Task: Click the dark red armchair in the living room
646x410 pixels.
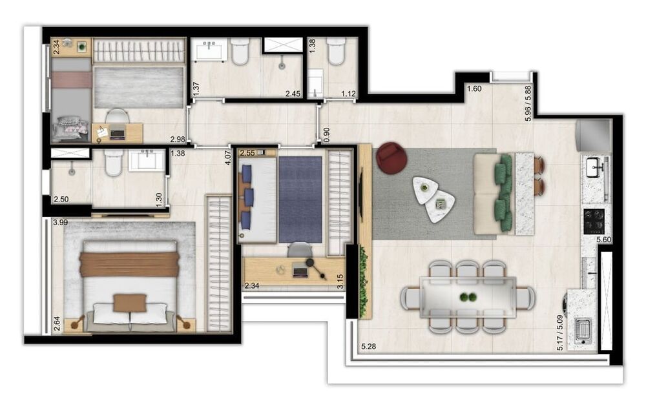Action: pyautogui.click(x=391, y=158)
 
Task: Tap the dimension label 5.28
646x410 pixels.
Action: pyautogui.click(x=369, y=347)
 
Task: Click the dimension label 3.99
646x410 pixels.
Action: pyautogui.click(x=60, y=223)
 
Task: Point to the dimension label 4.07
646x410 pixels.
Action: pyautogui.click(x=227, y=159)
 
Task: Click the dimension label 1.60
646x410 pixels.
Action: pyautogui.click(x=475, y=89)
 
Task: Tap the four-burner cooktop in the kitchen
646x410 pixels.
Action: pyautogui.click(x=594, y=221)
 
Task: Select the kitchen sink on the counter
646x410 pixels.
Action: pyautogui.click(x=595, y=169)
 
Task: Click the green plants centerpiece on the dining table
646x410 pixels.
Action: pyautogui.click(x=468, y=298)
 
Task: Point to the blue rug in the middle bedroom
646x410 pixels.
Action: pyautogui.click(x=300, y=200)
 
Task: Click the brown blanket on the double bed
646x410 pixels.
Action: pyautogui.click(x=129, y=264)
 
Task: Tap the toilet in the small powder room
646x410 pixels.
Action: pyautogui.click(x=336, y=52)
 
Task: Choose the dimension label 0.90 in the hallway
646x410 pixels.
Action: pyautogui.click(x=327, y=133)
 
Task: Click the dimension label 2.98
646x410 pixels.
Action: pyautogui.click(x=177, y=139)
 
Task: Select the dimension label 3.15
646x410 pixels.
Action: pyautogui.click(x=340, y=281)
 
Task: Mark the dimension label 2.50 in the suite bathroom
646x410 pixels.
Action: pyautogui.click(x=61, y=200)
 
